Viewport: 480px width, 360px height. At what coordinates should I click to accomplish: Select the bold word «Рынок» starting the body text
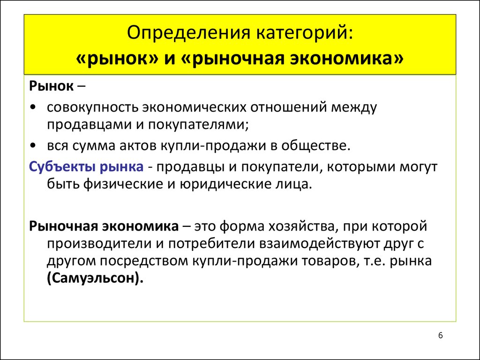coord(52,86)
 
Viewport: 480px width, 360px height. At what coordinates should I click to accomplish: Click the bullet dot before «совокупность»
coord(33,107)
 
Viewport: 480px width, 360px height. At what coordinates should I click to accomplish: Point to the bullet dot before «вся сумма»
coord(33,145)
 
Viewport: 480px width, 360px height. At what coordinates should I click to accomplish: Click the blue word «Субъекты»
coord(62,167)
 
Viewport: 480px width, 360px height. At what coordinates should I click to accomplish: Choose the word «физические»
coord(119,184)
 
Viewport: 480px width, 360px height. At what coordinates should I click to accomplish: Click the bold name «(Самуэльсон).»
coord(95,278)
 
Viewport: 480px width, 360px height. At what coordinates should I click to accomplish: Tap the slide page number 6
coord(441,336)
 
